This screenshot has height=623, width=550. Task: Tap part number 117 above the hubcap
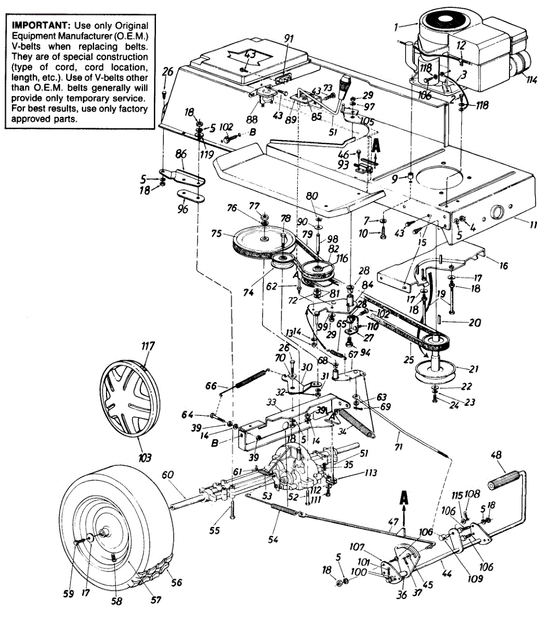147,346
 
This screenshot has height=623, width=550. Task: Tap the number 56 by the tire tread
177,583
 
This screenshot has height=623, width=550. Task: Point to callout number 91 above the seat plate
289,38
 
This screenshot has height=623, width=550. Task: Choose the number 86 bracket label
180,154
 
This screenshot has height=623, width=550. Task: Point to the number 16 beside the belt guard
503,265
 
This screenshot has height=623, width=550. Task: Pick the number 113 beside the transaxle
371,473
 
